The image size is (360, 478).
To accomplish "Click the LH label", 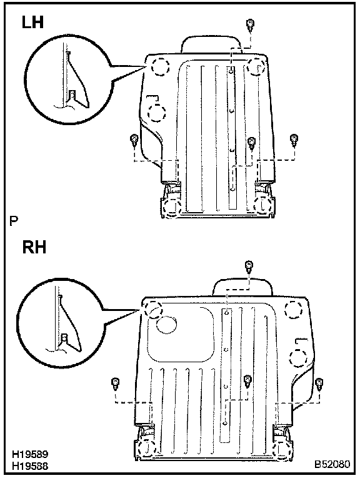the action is tap(32, 23).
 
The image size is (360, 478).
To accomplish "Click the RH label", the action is tap(34, 247).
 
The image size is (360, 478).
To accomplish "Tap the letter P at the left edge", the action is tap(13, 221).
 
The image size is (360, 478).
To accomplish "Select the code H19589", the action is tap(30, 454).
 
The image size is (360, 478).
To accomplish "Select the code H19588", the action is tap(30, 466).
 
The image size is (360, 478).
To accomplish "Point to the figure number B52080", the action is tap(332, 464).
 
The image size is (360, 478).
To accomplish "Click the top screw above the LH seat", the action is tap(251, 25).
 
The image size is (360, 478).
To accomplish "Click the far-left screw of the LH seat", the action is tap(134, 141).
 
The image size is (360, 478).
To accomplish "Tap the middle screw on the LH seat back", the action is tap(251, 143).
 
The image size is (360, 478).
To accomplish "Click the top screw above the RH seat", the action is tap(249, 267).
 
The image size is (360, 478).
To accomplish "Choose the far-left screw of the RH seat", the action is tap(115, 384).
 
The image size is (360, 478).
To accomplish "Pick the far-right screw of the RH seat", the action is tap(319, 384).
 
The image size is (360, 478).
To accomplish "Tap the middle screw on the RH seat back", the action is tap(247, 382).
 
